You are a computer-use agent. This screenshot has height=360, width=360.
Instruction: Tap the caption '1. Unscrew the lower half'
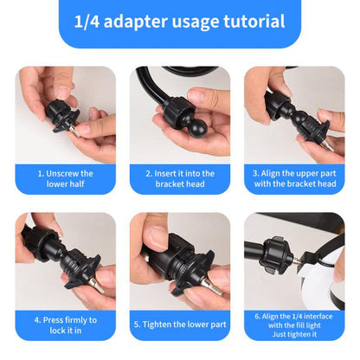[x=65, y=178]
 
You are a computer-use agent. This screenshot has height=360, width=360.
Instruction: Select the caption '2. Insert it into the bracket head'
[x=179, y=178]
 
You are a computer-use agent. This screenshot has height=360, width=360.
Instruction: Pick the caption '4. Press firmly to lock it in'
[x=65, y=325]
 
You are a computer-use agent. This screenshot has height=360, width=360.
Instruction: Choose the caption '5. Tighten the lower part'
[x=179, y=325]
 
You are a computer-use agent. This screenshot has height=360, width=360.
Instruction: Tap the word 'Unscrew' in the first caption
[x=69, y=173]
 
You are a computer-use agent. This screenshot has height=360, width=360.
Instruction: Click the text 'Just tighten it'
[x=293, y=334]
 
